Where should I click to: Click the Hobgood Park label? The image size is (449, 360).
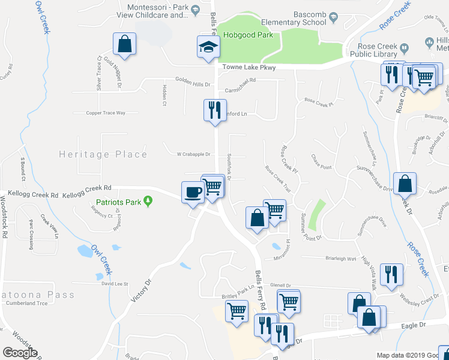click(x=248, y=35)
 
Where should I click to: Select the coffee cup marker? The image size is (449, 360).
click(x=192, y=192)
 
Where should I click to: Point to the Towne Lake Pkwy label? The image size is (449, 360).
click(x=249, y=68)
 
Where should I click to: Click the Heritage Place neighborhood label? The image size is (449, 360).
click(x=103, y=154)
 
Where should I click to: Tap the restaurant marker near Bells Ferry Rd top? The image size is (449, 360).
click(x=214, y=110)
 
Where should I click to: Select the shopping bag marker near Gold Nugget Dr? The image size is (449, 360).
click(x=124, y=44)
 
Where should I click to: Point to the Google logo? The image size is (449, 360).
click(x=20, y=353)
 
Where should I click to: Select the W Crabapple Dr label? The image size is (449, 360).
click(x=193, y=154)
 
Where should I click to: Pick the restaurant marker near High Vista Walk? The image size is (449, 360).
click(x=391, y=274)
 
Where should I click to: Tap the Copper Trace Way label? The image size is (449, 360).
click(x=106, y=113)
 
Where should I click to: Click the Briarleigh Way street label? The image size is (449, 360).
click(x=340, y=259)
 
